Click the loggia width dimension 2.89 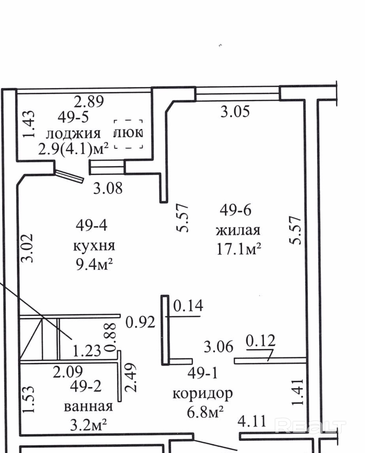click(x=89, y=101)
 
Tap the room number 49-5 click(x=73, y=117)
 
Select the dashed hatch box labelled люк click(x=128, y=134)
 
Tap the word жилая click(x=238, y=230)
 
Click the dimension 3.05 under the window click(x=235, y=111)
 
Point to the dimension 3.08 click(x=108, y=188)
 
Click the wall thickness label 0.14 click(x=188, y=306)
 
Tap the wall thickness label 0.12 click(x=260, y=340)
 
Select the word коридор click(x=202, y=393)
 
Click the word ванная click(x=88, y=407)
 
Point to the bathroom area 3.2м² click(x=88, y=425)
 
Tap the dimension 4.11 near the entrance click(x=252, y=421)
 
